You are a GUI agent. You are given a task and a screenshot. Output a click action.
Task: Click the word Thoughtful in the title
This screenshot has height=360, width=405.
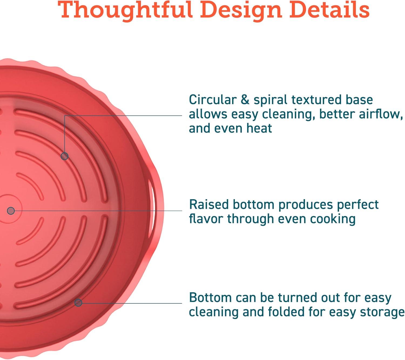pos(125,10)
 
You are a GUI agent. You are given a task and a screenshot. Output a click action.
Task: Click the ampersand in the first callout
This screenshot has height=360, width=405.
pos(245,100)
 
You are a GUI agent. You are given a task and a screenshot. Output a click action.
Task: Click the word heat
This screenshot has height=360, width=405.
pos(259,128)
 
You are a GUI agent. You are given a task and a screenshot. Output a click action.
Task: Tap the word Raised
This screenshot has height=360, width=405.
pos(209,205)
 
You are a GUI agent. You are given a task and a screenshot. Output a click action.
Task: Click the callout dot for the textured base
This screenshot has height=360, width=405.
pos(64,156)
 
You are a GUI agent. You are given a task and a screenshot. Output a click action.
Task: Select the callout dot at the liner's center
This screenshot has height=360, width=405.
pos(11,211)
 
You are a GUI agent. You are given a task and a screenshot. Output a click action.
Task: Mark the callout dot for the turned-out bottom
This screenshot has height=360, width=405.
pos(78,303)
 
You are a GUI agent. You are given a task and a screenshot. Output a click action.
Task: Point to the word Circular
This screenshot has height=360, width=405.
pos(212,100)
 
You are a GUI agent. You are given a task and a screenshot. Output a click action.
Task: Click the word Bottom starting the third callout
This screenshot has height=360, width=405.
pos(210,298)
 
